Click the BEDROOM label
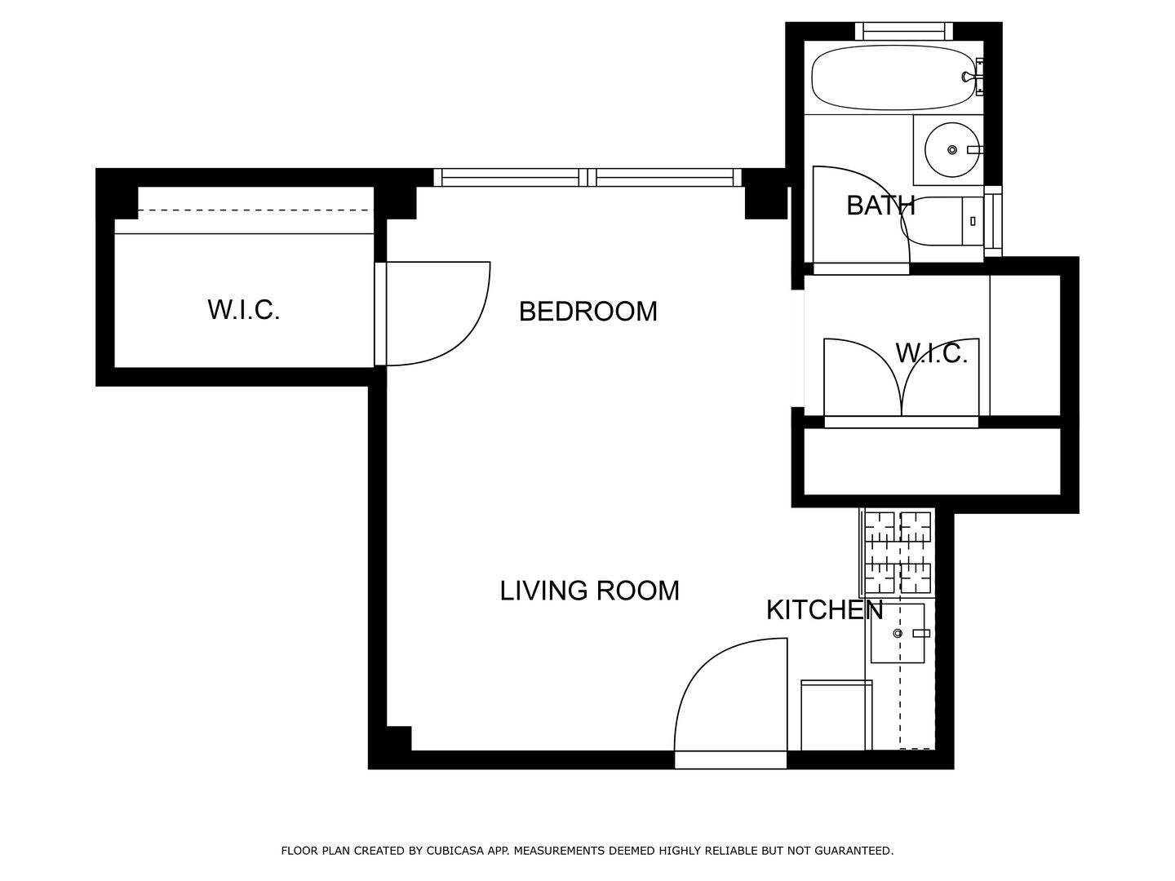(587, 312)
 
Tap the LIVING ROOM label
(589, 591)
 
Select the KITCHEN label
(824, 610)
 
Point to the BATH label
(880, 206)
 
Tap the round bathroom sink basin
(951, 150)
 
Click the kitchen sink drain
(898, 634)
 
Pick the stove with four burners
(898, 552)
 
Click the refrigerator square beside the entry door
(836, 715)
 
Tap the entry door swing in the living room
(731, 694)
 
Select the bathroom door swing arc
(862, 215)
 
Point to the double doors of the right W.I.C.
(902, 377)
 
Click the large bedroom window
(587, 178)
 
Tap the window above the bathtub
(904, 31)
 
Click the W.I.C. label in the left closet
(243, 310)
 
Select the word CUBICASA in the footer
(452, 851)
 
